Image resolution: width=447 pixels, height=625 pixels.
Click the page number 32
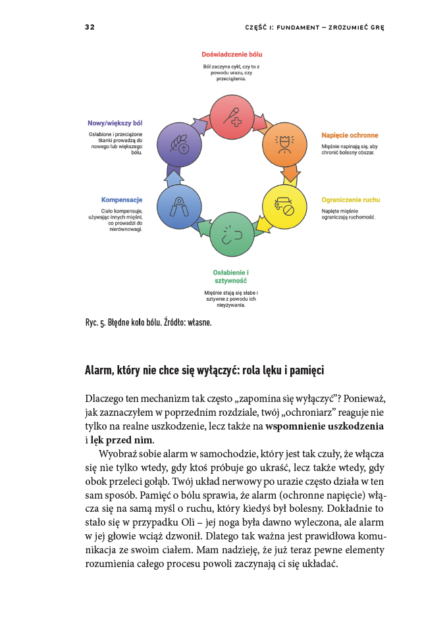pos(90,28)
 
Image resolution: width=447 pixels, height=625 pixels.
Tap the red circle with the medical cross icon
pos(232,116)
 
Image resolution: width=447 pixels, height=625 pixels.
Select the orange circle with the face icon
pos(284,144)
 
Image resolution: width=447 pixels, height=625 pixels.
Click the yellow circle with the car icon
pos(284,207)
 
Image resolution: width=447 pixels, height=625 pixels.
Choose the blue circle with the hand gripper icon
pos(179,207)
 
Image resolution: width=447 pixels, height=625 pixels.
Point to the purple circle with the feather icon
pos(179,144)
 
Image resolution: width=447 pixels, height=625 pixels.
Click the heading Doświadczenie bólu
pos(232,55)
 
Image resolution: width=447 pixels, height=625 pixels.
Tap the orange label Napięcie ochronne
pos(350,135)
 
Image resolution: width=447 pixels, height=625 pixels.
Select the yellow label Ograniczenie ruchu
pos(350,199)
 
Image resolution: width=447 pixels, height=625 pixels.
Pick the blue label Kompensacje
pos(122,199)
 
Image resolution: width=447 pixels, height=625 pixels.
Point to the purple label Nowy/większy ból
pos(115,123)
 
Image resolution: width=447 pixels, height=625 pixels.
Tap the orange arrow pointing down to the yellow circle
pos(290,175)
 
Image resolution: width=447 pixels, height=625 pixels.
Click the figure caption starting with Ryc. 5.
pos(148,322)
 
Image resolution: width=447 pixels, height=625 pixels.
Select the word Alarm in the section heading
pos(100,370)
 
